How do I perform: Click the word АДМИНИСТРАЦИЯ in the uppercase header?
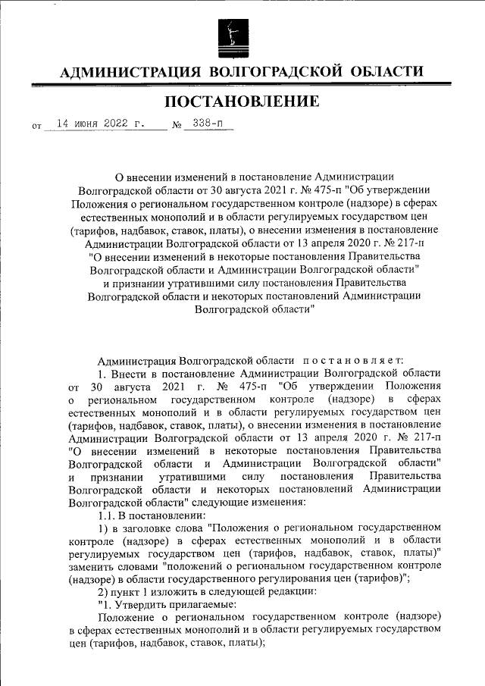[x=130, y=72]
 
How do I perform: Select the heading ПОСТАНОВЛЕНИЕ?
[x=242, y=102]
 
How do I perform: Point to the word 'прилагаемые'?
[x=200, y=605]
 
